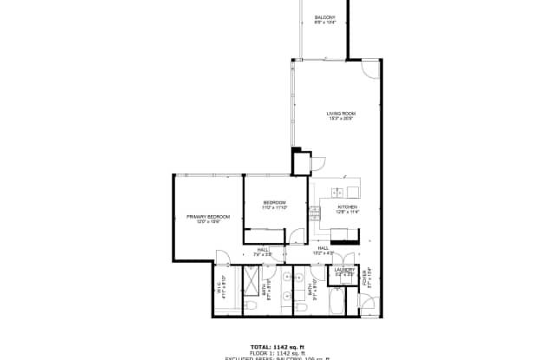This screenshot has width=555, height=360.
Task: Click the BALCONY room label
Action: tap(324, 16)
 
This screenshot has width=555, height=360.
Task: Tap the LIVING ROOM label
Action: tap(341, 114)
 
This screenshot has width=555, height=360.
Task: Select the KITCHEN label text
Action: tap(347, 207)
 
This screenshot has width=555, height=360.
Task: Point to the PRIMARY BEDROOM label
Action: tap(207, 216)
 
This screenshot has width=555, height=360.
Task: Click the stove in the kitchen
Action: tap(339, 232)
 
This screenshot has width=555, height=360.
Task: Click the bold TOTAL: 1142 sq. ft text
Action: tap(277, 345)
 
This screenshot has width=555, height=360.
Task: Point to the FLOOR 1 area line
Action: tap(277, 352)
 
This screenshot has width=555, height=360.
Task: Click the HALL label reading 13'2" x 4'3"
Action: tap(322, 251)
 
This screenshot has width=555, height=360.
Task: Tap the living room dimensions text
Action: tap(341, 119)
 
